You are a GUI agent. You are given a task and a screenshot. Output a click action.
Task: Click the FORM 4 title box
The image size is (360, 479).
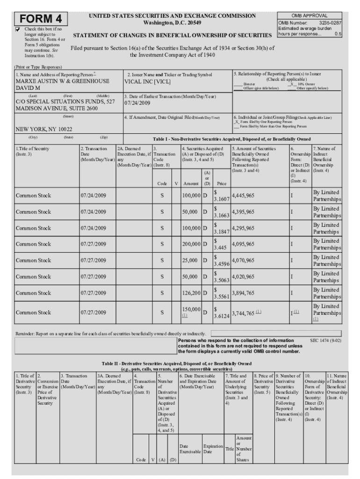point(41,19)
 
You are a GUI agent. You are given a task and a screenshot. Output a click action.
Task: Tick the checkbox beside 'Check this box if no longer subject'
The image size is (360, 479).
point(18,29)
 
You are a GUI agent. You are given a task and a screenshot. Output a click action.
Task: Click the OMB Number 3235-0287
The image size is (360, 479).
point(310,22)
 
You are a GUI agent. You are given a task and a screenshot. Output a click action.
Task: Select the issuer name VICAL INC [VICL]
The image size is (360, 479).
point(147,81)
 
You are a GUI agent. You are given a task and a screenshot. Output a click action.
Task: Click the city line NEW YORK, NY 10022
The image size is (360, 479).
point(44,129)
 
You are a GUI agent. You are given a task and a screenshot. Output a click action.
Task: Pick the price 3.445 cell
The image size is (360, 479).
point(220,247)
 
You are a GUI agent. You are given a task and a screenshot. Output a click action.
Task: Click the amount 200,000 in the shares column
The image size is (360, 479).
point(191,244)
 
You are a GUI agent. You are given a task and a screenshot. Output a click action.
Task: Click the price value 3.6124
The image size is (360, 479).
point(221,316)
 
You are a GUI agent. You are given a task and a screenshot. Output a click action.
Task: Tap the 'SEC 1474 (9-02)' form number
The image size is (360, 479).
point(326,340)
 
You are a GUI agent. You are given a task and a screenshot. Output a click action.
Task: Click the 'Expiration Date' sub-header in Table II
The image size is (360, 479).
point(213,449)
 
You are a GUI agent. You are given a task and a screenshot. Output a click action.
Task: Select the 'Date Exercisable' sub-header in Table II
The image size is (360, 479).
point(190,449)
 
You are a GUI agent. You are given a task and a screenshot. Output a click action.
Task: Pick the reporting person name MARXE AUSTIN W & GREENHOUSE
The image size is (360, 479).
point(63,81)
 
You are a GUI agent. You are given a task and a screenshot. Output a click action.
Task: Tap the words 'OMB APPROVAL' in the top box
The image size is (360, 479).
point(310,15)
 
